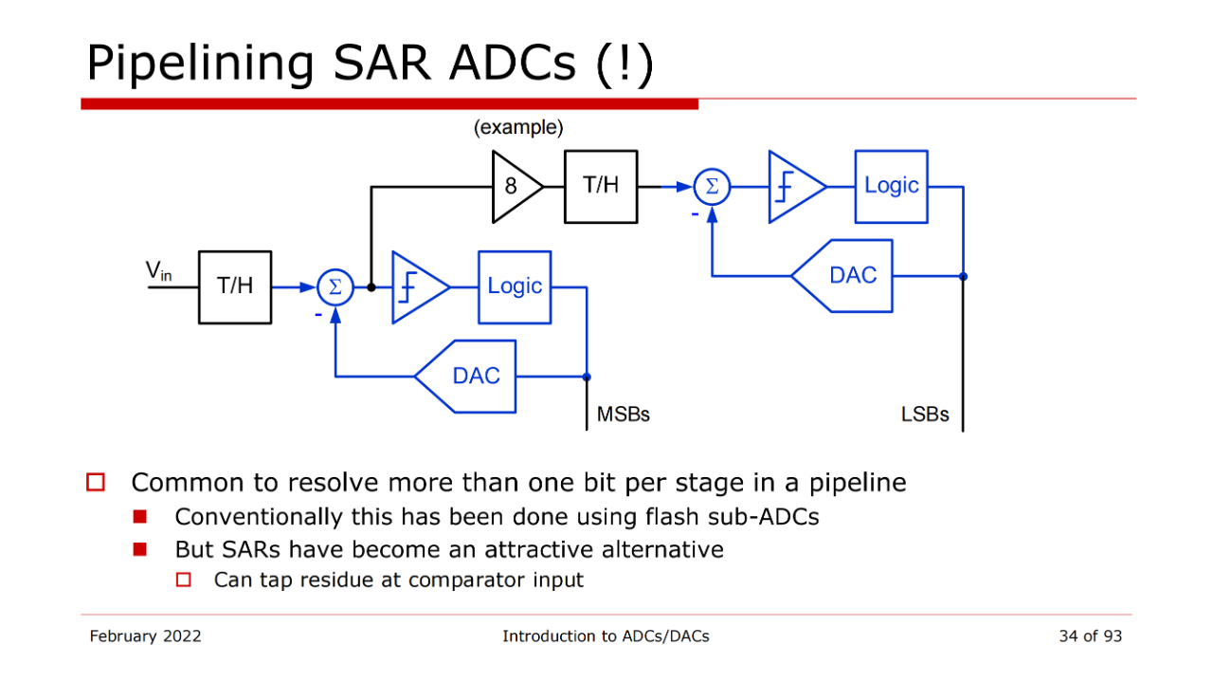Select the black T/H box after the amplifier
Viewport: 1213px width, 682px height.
601,186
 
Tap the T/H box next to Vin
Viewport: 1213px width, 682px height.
235,286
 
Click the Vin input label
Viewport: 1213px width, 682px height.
158,271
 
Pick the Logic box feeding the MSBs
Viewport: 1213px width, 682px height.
515,286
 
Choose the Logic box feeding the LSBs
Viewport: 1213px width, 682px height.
891,186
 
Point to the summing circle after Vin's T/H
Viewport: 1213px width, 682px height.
335,286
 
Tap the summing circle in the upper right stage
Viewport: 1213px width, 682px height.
712,187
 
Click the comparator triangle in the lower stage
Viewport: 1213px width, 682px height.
417,286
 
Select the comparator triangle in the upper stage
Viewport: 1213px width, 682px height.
793,187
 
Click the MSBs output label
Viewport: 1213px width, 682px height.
623,415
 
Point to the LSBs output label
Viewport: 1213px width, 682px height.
924,415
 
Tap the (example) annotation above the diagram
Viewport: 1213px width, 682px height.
518,128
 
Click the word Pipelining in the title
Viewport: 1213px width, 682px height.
200,64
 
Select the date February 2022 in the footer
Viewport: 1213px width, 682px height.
145,636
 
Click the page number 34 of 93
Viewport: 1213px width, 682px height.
1090,636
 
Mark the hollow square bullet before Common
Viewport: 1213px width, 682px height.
95,483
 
